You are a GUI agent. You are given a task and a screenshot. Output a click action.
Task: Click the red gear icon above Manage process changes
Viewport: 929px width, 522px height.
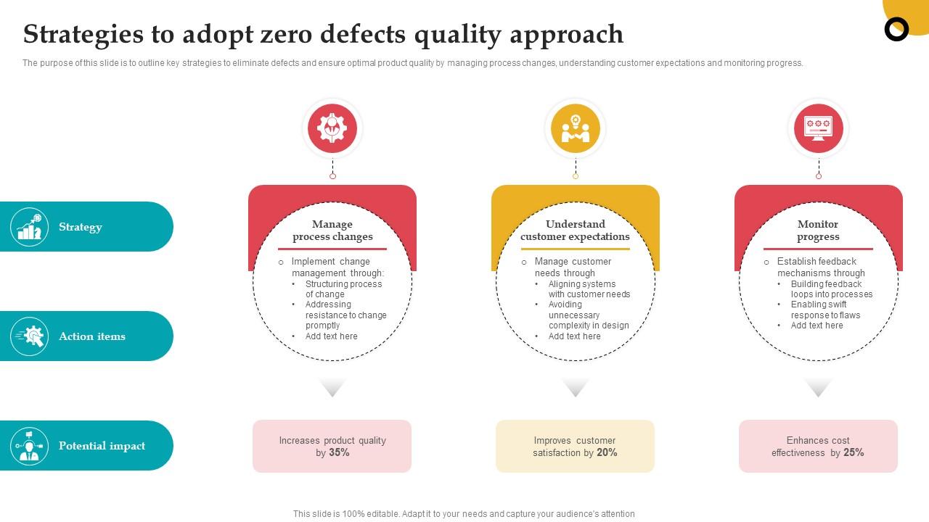coord(332,128)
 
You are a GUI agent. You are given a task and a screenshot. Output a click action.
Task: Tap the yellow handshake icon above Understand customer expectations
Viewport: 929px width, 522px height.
coord(576,128)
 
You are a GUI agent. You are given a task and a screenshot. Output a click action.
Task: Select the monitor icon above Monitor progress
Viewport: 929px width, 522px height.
coord(818,128)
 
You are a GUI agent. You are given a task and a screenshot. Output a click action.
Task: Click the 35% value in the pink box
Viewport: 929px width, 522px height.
coord(339,452)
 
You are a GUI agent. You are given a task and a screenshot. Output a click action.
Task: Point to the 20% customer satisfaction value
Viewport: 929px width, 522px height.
coord(607,452)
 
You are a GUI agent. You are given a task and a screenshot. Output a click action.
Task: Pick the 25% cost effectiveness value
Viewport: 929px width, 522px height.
coord(854,452)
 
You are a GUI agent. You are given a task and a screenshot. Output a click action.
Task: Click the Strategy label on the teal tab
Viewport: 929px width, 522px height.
coord(81,227)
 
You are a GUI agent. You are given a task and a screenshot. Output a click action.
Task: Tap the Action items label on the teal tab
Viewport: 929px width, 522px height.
coord(92,336)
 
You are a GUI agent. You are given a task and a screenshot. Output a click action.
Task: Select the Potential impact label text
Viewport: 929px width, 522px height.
coord(102,446)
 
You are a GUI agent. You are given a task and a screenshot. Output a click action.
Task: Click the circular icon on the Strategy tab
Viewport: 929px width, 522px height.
coord(30,227)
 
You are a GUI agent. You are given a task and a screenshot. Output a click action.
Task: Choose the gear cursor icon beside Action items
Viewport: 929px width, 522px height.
coord(30,336)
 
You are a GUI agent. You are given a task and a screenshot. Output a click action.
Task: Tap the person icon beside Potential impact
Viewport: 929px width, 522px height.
coord(30,446)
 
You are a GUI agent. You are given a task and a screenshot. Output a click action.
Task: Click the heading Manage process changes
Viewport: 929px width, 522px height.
coord(332,231)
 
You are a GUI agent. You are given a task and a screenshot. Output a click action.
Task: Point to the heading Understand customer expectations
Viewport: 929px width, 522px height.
coord(576,231)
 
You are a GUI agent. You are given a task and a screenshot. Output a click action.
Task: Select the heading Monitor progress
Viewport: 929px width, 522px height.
coord(818,231)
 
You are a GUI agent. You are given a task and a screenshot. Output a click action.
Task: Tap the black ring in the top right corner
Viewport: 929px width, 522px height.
coord(897,29)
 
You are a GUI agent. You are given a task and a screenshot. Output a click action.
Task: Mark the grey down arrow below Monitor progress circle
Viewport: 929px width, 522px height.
coord(818,388)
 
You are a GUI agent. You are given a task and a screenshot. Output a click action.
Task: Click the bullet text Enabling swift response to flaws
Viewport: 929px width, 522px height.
coord(825,310)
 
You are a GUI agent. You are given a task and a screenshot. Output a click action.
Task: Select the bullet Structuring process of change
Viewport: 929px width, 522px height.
coord(343,289)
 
